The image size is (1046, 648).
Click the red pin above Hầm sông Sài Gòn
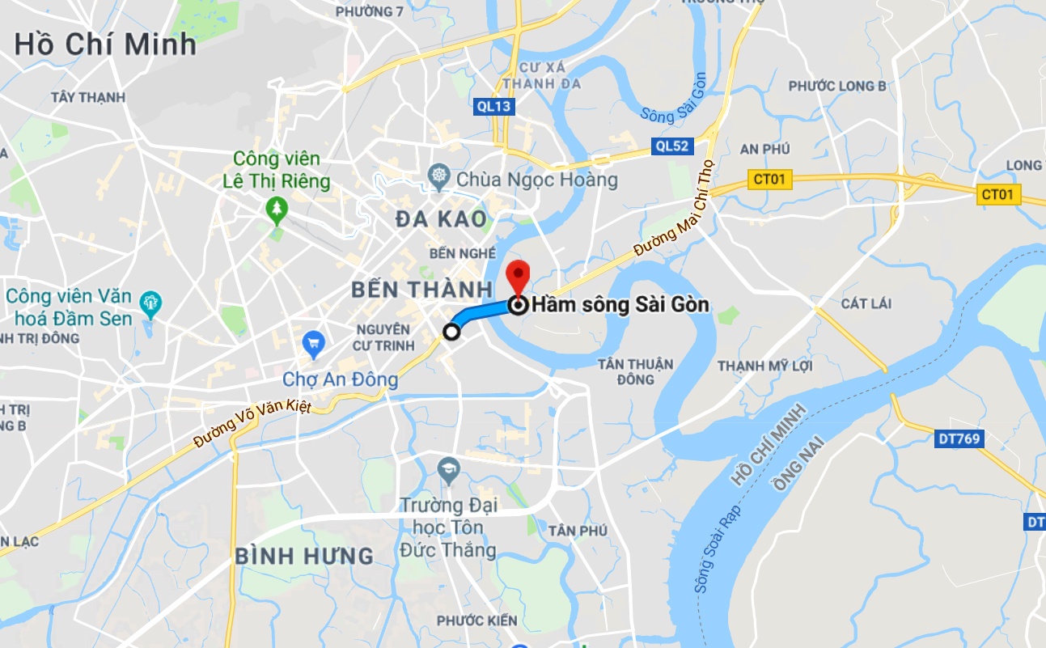(x=518, y=275)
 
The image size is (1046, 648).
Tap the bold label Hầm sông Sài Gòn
(x=620, y=305)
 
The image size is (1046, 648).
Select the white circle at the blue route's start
(x=451, y=331)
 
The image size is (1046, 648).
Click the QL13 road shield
(x=493, y=106)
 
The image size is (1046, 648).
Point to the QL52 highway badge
(x=672, y=146)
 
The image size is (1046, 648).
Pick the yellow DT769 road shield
(x=959, y=439)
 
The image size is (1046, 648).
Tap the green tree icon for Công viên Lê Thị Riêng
(x=277, y=209)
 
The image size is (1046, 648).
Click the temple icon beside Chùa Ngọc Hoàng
(x=439, y=176)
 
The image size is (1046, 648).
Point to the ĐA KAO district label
(x=441, y=219)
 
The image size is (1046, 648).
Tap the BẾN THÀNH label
(x=421, y=289)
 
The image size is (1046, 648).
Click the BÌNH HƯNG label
(x=304, y=556)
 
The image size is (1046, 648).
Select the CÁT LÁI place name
(x=866, y=303)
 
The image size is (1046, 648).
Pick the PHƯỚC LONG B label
(x=837, y=86)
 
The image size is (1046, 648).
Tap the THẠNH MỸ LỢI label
(x=764, y=366)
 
